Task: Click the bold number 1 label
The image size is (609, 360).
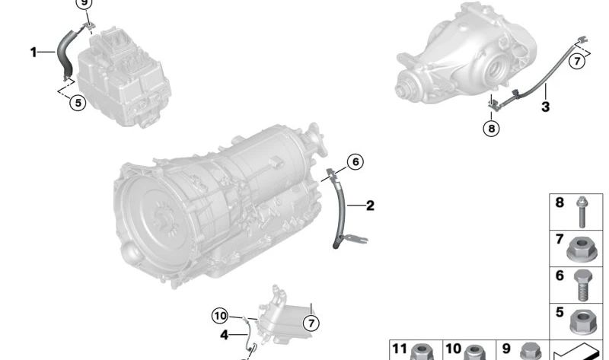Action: pos(33,52)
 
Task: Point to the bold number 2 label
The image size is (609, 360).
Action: pos(370,205)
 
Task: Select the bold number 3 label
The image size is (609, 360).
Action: pos(545,107)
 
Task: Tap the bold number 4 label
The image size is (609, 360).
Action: pos(224,335)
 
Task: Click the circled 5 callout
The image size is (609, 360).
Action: pos(78,103)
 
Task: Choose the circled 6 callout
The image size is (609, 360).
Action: pos(356,161)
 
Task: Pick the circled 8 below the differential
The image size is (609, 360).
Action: pos(491,128)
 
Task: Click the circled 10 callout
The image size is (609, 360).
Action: pos(220,316)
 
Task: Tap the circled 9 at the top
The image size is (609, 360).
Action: pos(84,3)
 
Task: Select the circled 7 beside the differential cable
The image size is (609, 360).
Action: pos(577,62)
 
